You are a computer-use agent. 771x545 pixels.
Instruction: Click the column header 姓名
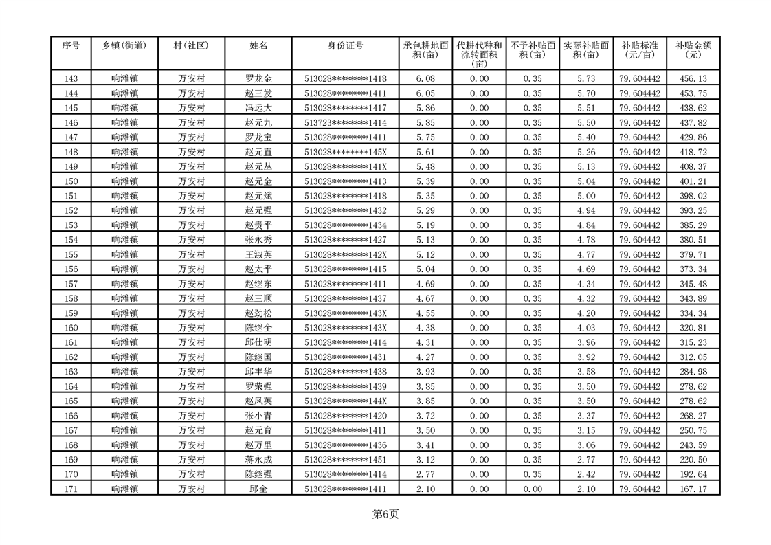258,46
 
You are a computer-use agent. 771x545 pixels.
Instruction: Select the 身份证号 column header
345,46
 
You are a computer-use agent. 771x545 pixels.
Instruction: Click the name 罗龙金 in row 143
258,79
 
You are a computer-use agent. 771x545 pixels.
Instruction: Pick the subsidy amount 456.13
693,79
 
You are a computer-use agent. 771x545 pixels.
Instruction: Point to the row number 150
71,181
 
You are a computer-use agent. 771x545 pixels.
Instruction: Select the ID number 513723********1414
345,123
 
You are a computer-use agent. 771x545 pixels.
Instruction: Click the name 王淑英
258,255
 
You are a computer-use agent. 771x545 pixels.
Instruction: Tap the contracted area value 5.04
426,269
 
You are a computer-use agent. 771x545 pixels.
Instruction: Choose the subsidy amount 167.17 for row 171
693,489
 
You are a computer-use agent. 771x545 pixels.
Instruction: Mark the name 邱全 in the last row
258,489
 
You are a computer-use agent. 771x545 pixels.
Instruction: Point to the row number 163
71,372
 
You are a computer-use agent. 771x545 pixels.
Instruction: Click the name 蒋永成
258,460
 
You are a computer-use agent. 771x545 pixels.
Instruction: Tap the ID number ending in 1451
345,460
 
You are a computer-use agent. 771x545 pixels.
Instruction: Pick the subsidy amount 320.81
693,329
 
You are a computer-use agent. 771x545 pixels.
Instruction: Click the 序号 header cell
71,46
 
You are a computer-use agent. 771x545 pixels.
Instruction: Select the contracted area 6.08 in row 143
426,79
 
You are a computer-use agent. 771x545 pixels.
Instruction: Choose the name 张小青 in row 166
258,416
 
